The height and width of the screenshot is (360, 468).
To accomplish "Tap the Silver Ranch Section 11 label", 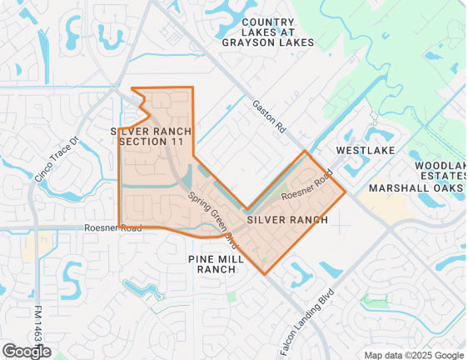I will click(151, 137).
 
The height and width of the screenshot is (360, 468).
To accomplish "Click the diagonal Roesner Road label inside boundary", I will click(306, 185).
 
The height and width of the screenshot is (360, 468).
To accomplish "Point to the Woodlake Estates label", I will click(441, 172).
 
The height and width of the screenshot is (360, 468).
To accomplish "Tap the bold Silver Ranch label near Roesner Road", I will click(286, 219).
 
